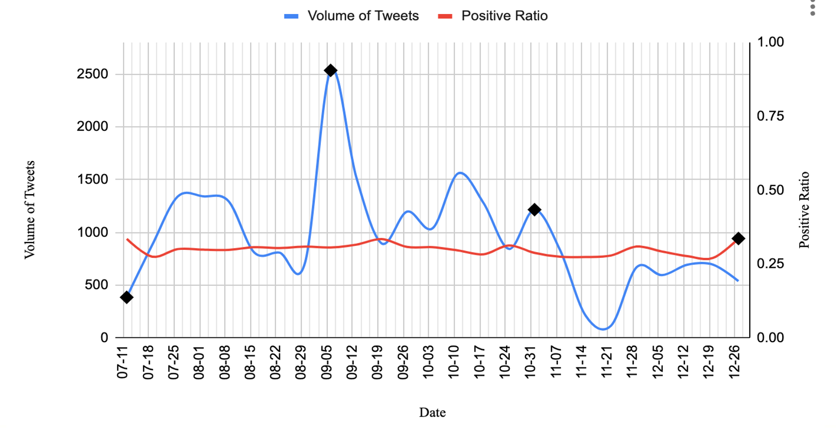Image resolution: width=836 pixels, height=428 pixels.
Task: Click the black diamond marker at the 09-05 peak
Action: coord(330,71)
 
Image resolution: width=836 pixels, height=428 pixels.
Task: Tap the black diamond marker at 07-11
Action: coord(127,297)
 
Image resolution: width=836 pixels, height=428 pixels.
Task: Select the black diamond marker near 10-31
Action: coord(534,210)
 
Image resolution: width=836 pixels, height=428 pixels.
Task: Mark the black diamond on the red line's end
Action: coord(738,238)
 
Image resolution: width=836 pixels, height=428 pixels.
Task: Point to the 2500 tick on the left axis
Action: coord(92,74)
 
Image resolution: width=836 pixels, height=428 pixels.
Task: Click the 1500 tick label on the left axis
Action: coord(92,180)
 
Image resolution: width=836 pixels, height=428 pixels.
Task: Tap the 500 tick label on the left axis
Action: coord(97,285)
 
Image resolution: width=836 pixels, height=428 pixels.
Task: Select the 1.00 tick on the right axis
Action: coord(770,42)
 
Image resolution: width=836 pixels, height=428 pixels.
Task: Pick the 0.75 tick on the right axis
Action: coord(770,116)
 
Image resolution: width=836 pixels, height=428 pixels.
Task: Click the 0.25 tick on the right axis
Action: coord(770,264)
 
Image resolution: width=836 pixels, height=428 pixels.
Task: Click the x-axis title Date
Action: coord(432,413)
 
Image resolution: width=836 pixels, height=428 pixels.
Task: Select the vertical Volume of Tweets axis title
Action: coord(30,210)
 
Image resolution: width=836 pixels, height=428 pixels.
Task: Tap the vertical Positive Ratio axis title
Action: coord(804,210)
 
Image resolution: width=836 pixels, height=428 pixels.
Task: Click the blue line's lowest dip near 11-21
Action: coord(603,329)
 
